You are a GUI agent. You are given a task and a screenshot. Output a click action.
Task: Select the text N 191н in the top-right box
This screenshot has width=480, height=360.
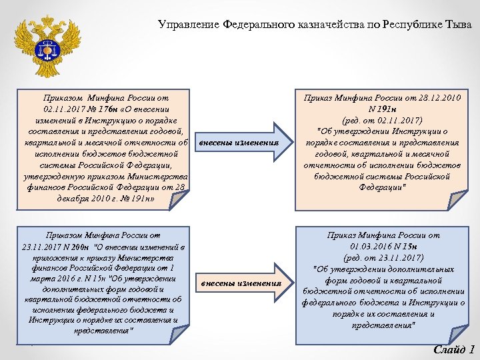(x=382, y=109)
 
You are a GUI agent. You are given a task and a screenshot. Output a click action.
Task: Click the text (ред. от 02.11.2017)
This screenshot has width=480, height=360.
(x=382, y=121)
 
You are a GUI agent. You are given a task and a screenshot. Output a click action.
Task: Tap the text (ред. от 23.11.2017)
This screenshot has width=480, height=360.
(x=382, y=257)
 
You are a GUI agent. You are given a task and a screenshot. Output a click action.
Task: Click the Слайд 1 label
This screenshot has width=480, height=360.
(x=453, y=349)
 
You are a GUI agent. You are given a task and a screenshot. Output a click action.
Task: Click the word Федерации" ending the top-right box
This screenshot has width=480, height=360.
(x=382, y=187)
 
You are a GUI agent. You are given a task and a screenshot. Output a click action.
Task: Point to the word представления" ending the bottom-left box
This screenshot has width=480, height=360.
(x=103, y=331)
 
